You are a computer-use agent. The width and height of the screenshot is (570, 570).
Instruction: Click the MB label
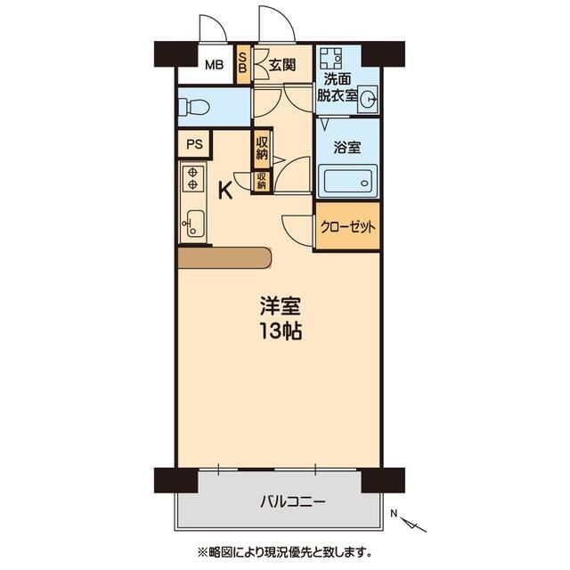214,64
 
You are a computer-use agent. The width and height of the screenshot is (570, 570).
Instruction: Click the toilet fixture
193,108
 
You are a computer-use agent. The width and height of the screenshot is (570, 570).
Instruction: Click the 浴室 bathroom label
348,148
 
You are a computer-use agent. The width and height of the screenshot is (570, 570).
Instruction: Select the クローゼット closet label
348,226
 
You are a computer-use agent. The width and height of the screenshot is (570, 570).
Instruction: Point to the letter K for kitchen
226,189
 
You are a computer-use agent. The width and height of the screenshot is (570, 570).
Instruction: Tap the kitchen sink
192,223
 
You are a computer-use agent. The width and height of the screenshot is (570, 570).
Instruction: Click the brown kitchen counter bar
224,257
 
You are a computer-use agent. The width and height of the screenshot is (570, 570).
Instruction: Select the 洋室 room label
280,307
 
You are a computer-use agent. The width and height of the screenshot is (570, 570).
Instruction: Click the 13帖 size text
280,333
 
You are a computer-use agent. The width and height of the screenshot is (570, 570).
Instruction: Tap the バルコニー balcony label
281,502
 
